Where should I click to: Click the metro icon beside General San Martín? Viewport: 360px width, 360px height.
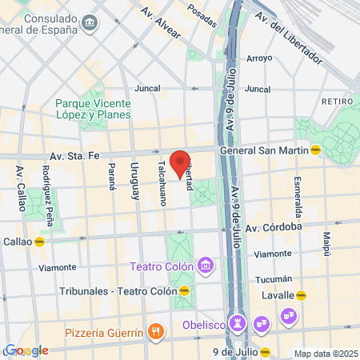316,149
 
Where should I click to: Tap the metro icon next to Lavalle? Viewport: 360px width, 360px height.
301,294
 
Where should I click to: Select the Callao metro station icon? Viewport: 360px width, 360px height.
39,241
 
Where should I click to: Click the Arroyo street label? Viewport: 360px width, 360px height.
259,58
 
